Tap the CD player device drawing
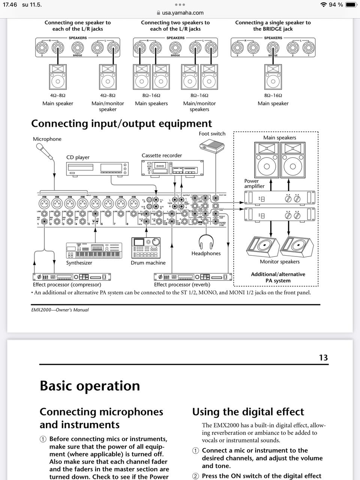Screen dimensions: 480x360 pos(97,168)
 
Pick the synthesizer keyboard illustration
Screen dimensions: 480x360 pos(94,250)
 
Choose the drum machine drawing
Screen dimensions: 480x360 pos(146,248)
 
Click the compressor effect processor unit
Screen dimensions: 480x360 pos(72,277)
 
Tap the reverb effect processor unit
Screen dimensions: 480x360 pos(193,277)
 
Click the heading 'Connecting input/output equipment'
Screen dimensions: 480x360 pos(121,123)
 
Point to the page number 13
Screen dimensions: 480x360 pos(323,357)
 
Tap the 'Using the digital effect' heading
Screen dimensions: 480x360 pos(248,412)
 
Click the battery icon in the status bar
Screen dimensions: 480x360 pos(351,4)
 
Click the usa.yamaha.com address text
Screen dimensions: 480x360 pos(183,12)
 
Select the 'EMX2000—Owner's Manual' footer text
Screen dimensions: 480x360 pos(60,310)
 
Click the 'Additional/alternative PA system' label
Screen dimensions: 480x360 pos(278,277)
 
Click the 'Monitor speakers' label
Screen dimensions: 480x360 pos(280,261)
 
